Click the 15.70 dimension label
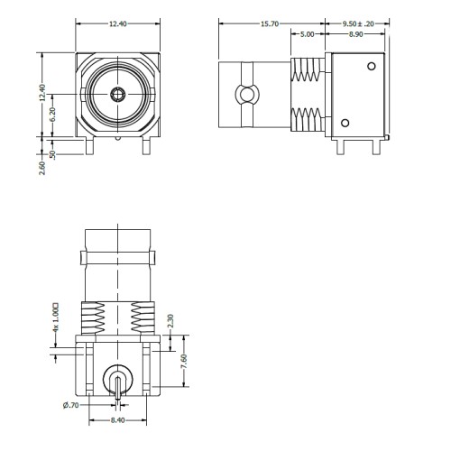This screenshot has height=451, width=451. tap(270, 23)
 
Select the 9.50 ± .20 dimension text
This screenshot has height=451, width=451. tap(358, 23)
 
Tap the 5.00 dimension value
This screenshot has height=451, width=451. tap(307, 34)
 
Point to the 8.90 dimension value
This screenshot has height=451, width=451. tap(355, 34)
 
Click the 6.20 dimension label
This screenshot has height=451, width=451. tap(52, 115)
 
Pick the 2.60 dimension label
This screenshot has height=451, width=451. tap(42, 168)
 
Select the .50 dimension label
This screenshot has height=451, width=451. tap(52, 154)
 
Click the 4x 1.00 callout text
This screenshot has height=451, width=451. tap(55, 318)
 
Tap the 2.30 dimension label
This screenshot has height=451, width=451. tap(170, 321)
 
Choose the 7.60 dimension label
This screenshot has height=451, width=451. tap(184, 361)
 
